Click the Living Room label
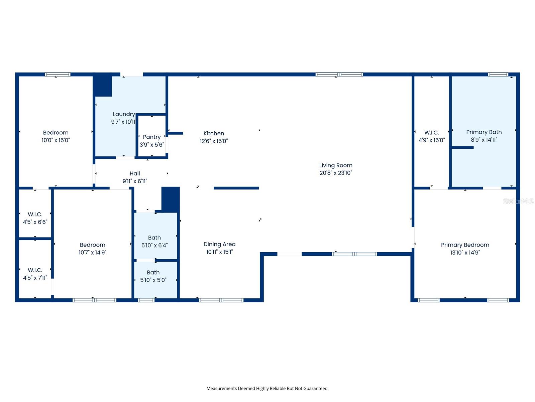[x=336, y=165]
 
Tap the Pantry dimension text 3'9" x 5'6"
[x=152, y=145]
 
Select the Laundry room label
[x=124, y=114]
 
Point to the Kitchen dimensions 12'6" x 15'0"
[x=214, y=141]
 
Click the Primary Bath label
[x=484, y=132]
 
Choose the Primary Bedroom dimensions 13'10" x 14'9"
[x=465, y=253]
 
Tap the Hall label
[x=135, y=174]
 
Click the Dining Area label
[x=219, y=244]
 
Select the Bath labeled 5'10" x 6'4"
[x=154, y=238]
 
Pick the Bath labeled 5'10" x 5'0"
[x=153, y=272]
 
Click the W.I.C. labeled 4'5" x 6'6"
[x=35, y=214]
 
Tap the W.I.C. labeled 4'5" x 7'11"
[x=35, y=270]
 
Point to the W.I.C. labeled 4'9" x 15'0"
[x=432, y=133]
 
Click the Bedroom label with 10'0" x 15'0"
[x=56, y=133]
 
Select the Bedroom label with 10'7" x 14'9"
[x=92, y=245]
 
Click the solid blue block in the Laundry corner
[x=102, y=86]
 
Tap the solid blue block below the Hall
[x=171, y=199]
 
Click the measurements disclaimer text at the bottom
[x=267, y=389]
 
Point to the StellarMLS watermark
[x=518, y=201]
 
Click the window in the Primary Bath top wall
[x=498, y=74]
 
